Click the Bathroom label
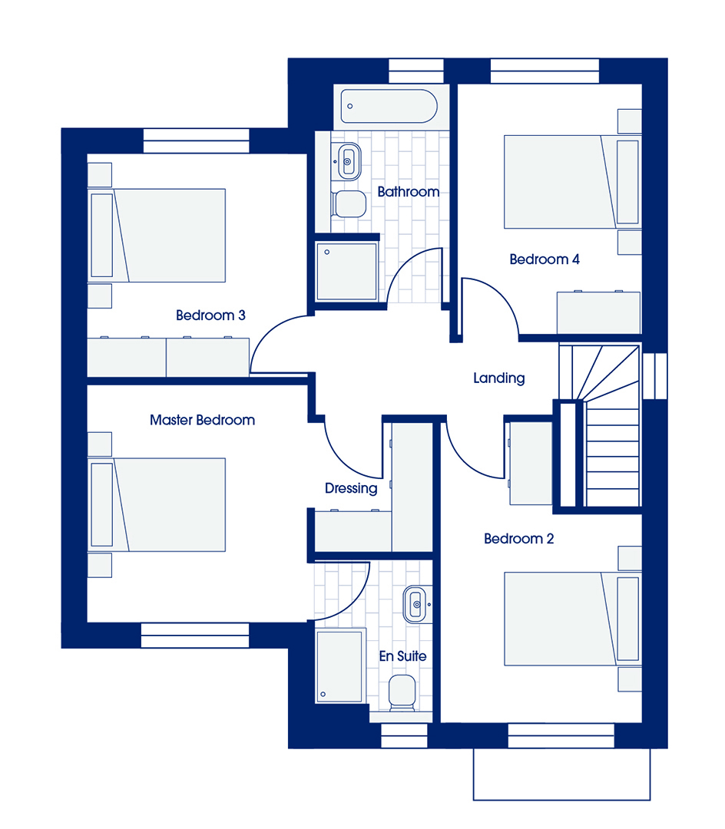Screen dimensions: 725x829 [x=409, y=191]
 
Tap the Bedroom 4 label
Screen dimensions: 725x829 [x=545, y=259]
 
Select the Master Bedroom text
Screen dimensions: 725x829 [x=202, y=420]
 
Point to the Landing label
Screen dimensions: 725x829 [x=498, y=378]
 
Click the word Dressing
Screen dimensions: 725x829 [x=351, y=488]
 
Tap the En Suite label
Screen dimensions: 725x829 [x=402, y=656]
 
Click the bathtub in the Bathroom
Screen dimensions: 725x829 [x=389, y=106]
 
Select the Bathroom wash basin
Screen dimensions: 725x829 [x=348, y=161]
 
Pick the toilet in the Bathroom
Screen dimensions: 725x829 [x=349, y=203]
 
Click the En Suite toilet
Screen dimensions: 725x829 [x=402, y=693]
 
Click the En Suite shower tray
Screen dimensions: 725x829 [x=340, y=666]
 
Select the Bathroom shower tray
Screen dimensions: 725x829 [x=347, y=272]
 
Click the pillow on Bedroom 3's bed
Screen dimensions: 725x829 [x=102, y=236]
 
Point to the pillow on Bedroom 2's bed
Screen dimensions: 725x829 [x=627, y=619]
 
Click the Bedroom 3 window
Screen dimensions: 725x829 [x=196, y=140]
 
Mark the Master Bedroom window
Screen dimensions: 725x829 [x=194, y=635]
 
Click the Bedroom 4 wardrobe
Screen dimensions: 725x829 [x=598, y=312]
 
